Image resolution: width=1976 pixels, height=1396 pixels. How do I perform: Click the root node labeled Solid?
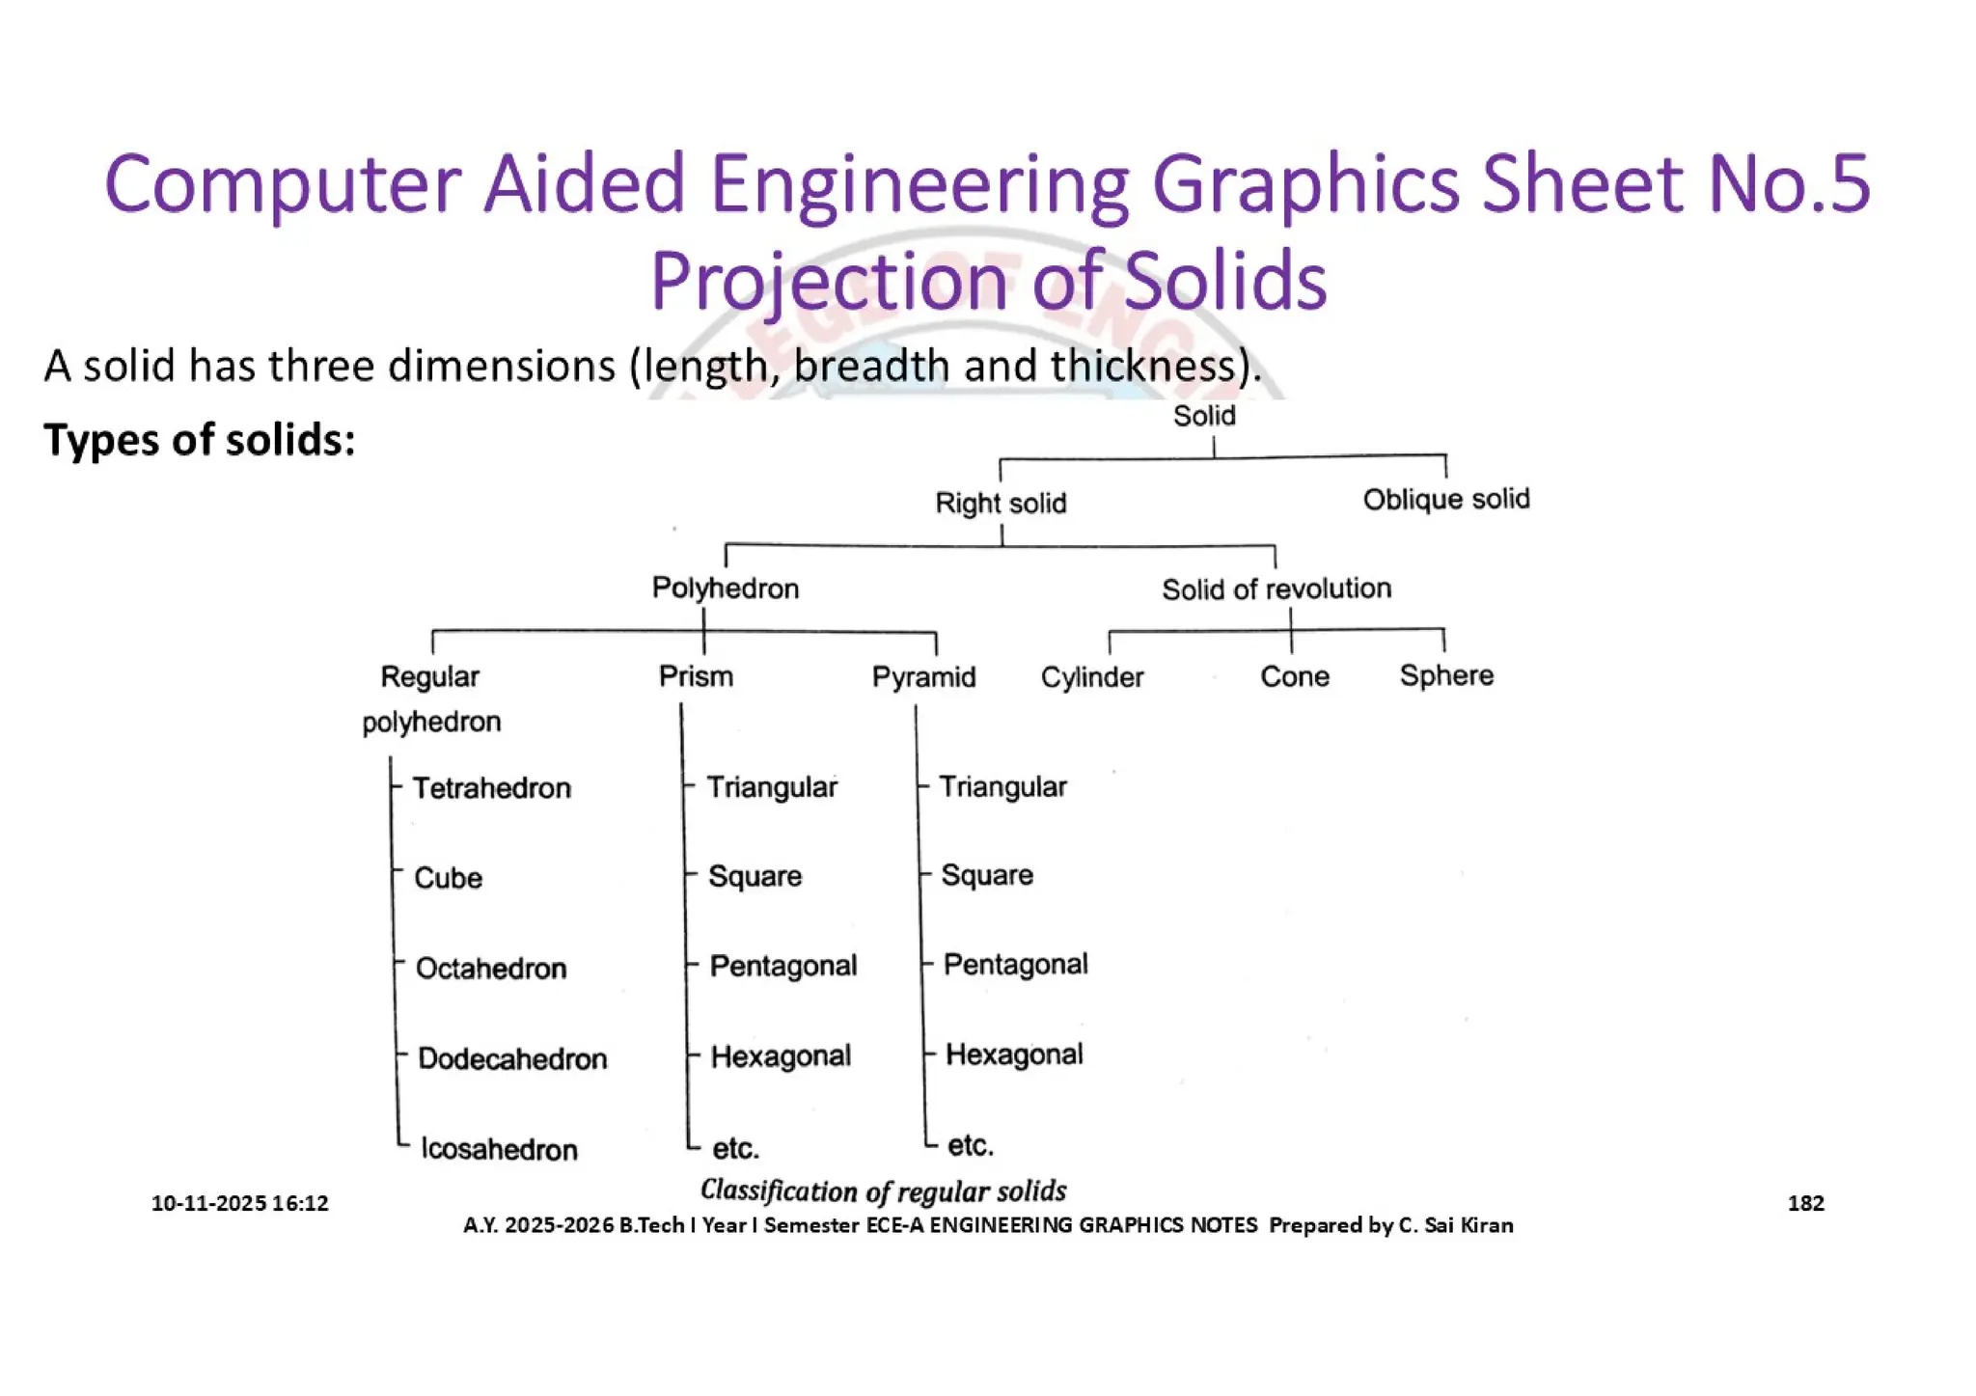(x=1203, y=416)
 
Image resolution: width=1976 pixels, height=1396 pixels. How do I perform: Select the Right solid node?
(x=1001, y=503)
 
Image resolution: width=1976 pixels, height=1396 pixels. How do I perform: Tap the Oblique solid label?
(x=1445, y=499)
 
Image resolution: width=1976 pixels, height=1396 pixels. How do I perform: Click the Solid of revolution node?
(x=1276, y=589)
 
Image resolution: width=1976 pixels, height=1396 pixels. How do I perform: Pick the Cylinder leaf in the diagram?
(x=1091, y=677)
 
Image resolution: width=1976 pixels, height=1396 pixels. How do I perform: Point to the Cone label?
(x=1294, y=676)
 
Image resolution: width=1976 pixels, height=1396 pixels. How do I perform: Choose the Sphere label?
(x=1445, y=675)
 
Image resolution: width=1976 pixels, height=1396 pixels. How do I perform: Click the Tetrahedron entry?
(x=491, y=788)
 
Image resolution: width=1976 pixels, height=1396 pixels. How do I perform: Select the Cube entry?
(x=448, y=878)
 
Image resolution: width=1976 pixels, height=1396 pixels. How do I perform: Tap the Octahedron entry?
(x=490, y=968)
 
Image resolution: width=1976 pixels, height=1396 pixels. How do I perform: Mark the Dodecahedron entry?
(x=511, y=1058)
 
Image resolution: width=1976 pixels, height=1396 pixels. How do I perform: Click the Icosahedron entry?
(x=499, y=1149)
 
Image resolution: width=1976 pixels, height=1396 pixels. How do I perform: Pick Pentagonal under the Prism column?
(x=782, y=966)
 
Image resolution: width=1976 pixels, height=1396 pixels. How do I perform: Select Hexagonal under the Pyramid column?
(x=1013, y=1054)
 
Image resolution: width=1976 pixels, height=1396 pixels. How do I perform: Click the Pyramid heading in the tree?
(x=923, y=676)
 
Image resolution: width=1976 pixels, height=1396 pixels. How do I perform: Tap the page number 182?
(x=1805, y=1203)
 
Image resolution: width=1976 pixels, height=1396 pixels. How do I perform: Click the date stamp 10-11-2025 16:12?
(x=239, y=1203)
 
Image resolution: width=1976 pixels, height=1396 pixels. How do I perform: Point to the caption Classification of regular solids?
(x=883, y=1191)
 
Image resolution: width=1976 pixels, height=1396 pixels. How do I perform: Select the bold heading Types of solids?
(x=200, y=440)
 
